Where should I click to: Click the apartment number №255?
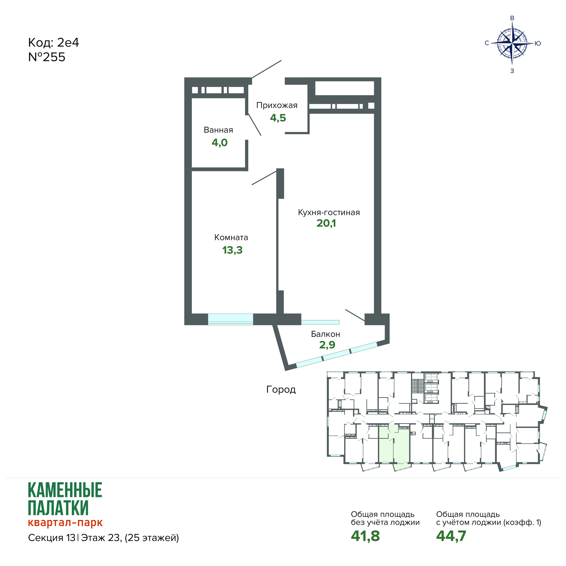point(47,57)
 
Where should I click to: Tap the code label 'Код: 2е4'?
point(54,43)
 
